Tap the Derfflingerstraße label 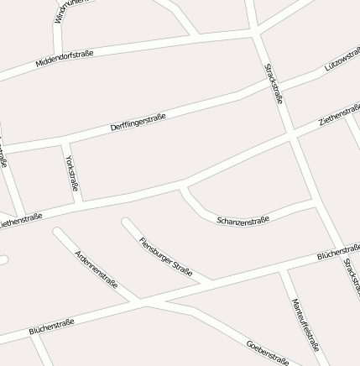[x=138, y=121]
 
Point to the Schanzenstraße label [x=243, y=220]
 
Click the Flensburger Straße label [x=166, y=255]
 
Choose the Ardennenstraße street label [x=96, y=269]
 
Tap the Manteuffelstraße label [x=305, y=323]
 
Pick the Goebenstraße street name [x=268, y=352]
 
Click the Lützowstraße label [x=342, y=58]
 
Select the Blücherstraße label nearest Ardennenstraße [x=52, y=326]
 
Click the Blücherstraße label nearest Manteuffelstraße [x=338, y=253]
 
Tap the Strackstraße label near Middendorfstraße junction [x=274, y=84]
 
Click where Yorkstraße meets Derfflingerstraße [x=65, y=148]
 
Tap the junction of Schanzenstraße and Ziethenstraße [x=183, y=186]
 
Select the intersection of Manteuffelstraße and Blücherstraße [x=287, y=269]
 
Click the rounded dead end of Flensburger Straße [x=126, y=222]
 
